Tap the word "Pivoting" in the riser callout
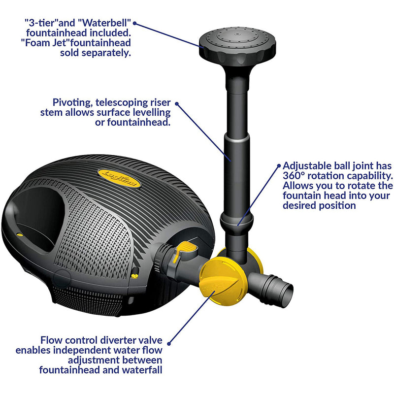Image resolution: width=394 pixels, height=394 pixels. tap(69, 103)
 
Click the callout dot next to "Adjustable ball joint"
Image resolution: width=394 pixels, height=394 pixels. tap(278, 166)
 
